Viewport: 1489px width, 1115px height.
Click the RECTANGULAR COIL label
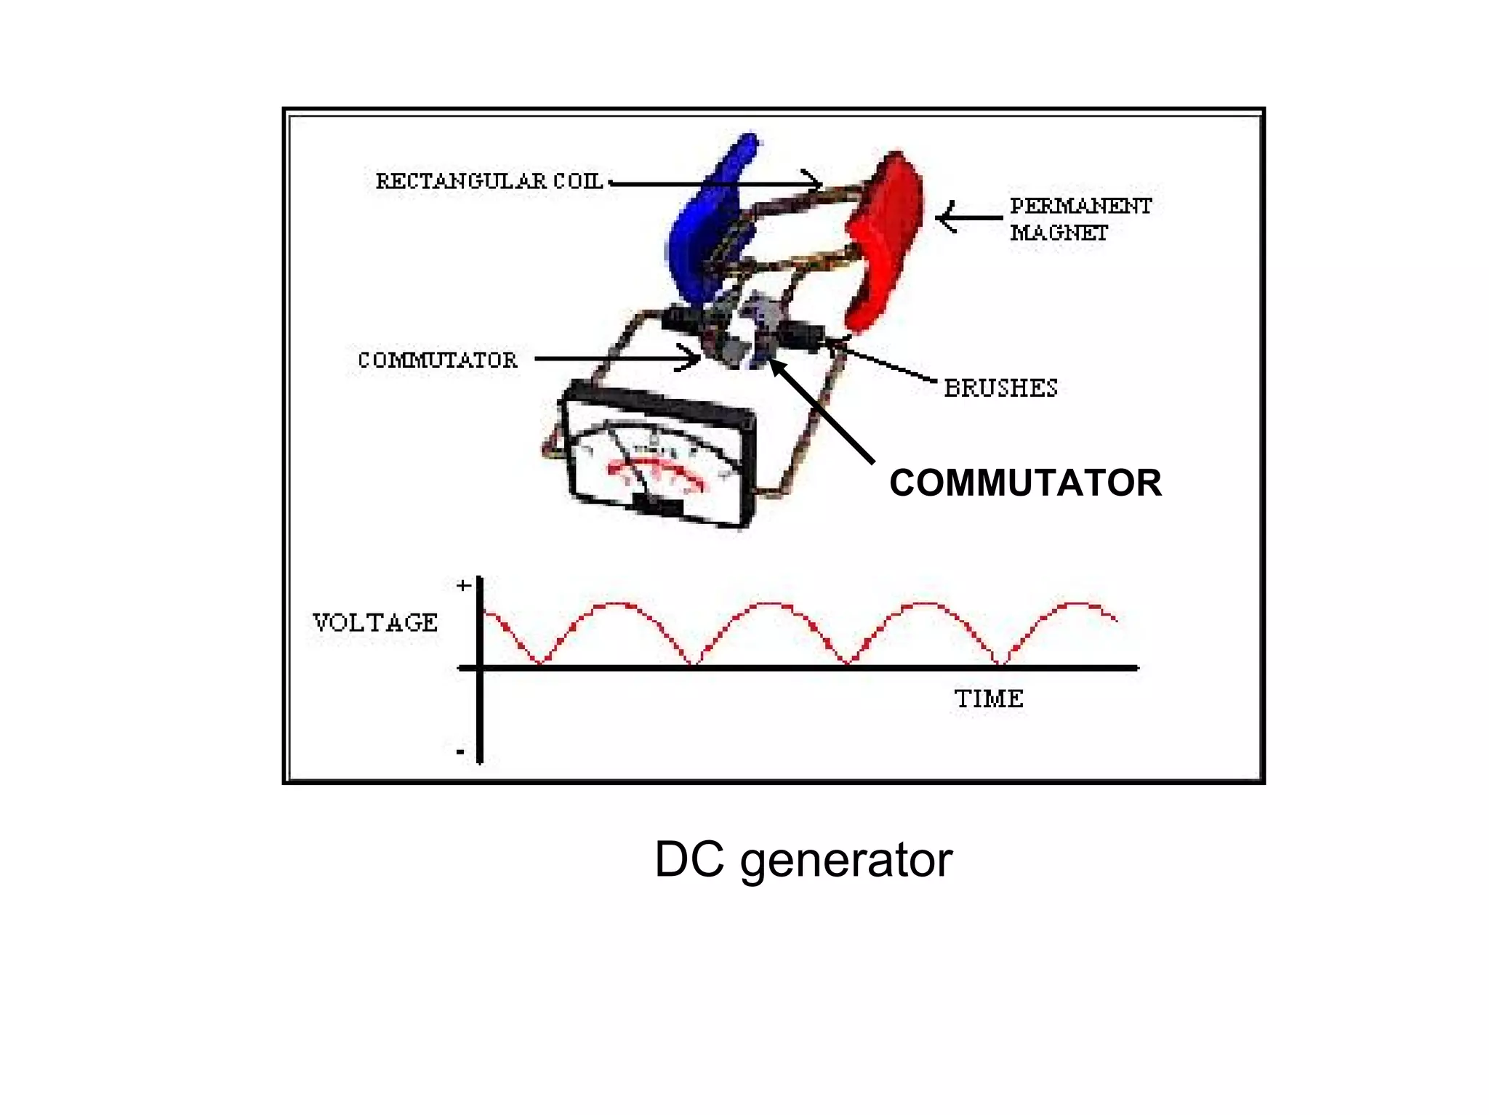[489, 181]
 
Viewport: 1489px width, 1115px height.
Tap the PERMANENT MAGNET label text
[1080, 219]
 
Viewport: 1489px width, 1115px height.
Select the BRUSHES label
[1000, 388]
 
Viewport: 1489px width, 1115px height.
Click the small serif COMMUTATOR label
[438, 360]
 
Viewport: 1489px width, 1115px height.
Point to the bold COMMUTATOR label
[1025, 483]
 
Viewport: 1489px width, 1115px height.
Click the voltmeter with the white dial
[658, 458]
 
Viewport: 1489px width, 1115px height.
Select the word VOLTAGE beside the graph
[375, 622]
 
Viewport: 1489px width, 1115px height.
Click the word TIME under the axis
[989, 699]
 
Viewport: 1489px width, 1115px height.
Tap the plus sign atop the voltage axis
[463, 586]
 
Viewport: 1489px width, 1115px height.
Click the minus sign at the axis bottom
[460, 752]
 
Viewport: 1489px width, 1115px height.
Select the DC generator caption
[803, 860]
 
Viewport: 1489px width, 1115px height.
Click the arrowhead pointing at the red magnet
[945, 217]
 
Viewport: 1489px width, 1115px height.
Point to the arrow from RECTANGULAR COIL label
[713, 183]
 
